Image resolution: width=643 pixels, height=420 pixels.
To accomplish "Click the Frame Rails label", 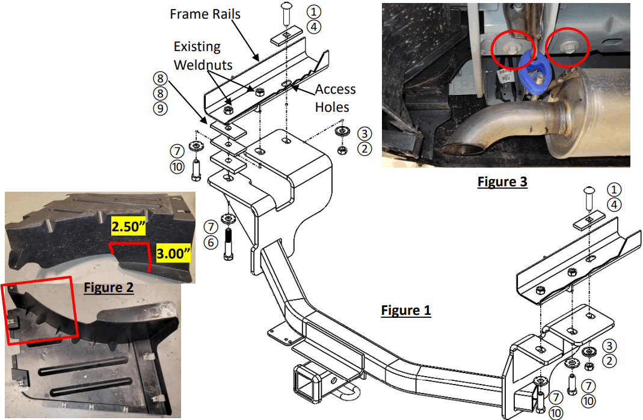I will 205,14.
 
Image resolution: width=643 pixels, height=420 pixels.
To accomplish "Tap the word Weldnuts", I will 203,65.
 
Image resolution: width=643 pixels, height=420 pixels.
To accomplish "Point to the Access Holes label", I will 335,98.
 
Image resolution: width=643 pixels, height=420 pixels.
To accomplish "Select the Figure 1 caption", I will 406,310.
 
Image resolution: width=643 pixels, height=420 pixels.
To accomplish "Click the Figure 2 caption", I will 108,287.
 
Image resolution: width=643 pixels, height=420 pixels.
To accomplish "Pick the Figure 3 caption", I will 502,181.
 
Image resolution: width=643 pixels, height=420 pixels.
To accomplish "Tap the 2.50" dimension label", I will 128,227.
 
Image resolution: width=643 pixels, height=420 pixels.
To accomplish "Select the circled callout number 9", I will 159,108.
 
